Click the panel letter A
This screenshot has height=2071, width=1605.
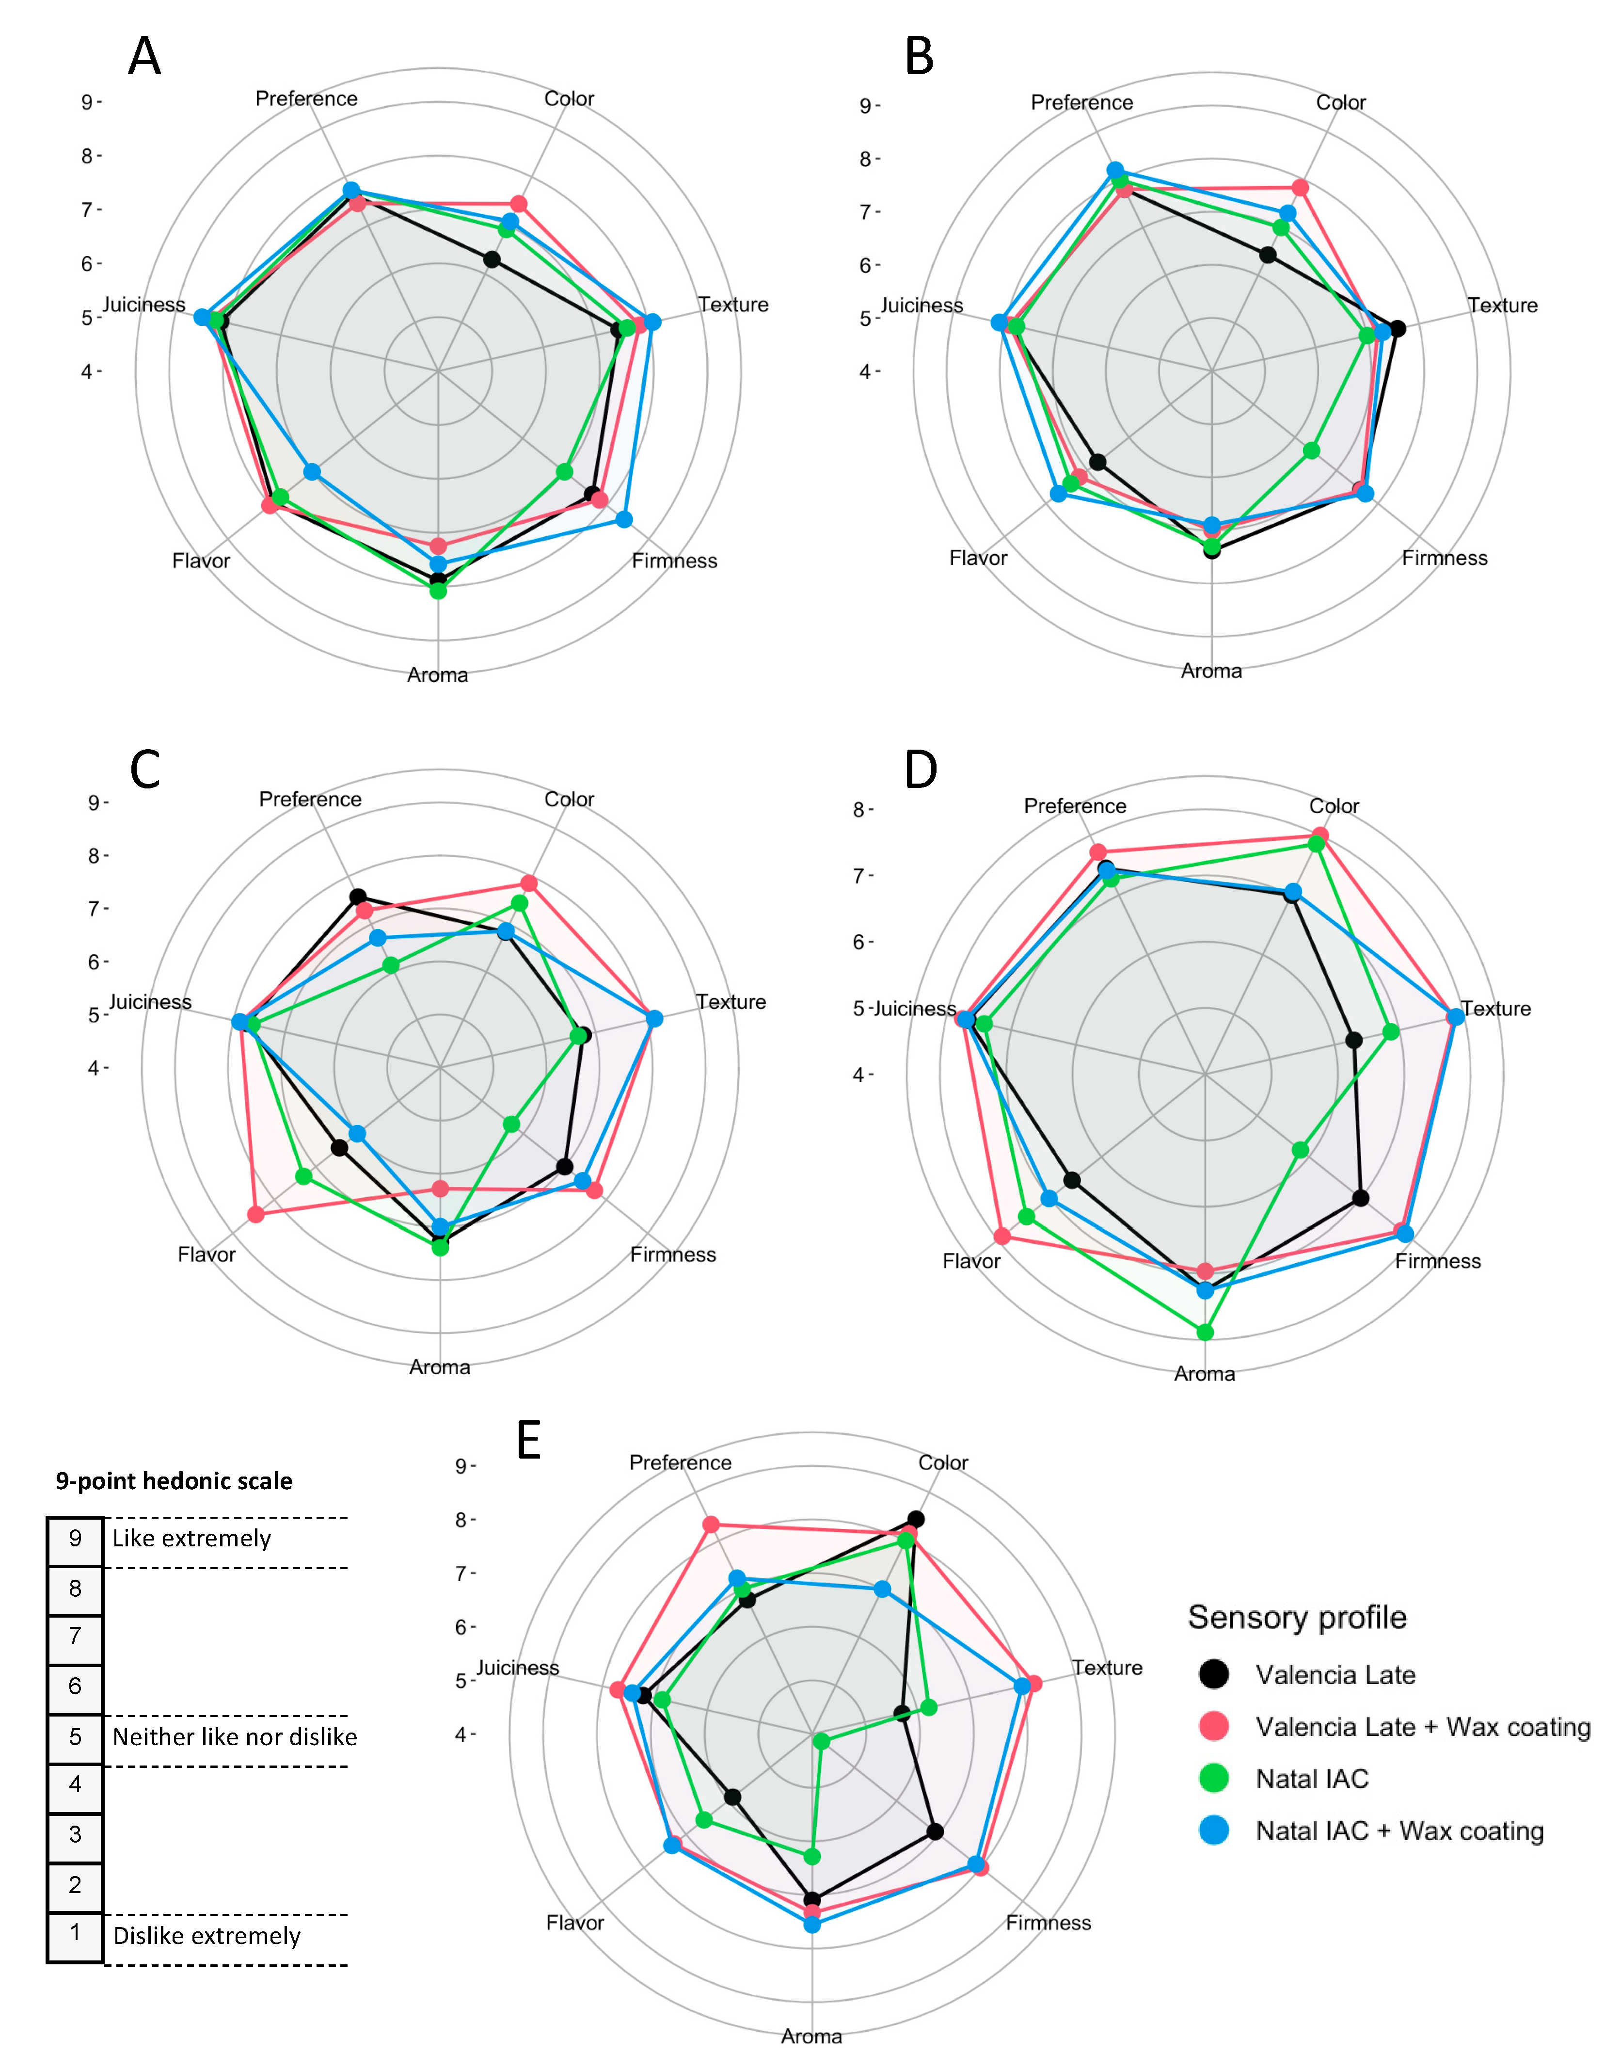pyautogui.click(x=144, y=57)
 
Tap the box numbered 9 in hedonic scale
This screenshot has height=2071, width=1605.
pyautogui.click(x=75, y=1538)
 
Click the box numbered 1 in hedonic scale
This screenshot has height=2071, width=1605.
pyautogui.click(x=75, y=1932)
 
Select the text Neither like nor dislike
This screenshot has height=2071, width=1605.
pyautogui.click(x=234, y=1736)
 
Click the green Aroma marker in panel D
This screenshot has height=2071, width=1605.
pyautogui.click(x=1205, y=1332)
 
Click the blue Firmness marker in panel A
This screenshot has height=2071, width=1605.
pyautogui.click(x=624, y=519)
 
